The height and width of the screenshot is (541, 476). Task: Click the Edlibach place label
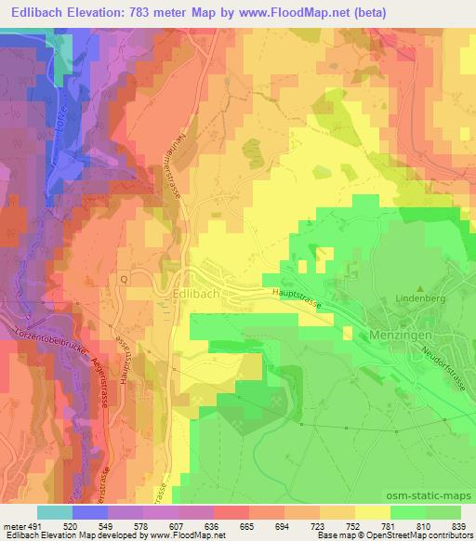click(x=196, y=295)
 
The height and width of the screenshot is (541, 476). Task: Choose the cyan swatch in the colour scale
click(x=55, y=511)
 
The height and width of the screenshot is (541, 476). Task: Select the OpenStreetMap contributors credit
click(x=427, y=536)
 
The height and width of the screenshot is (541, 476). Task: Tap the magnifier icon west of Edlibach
click(x=123, y=277)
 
